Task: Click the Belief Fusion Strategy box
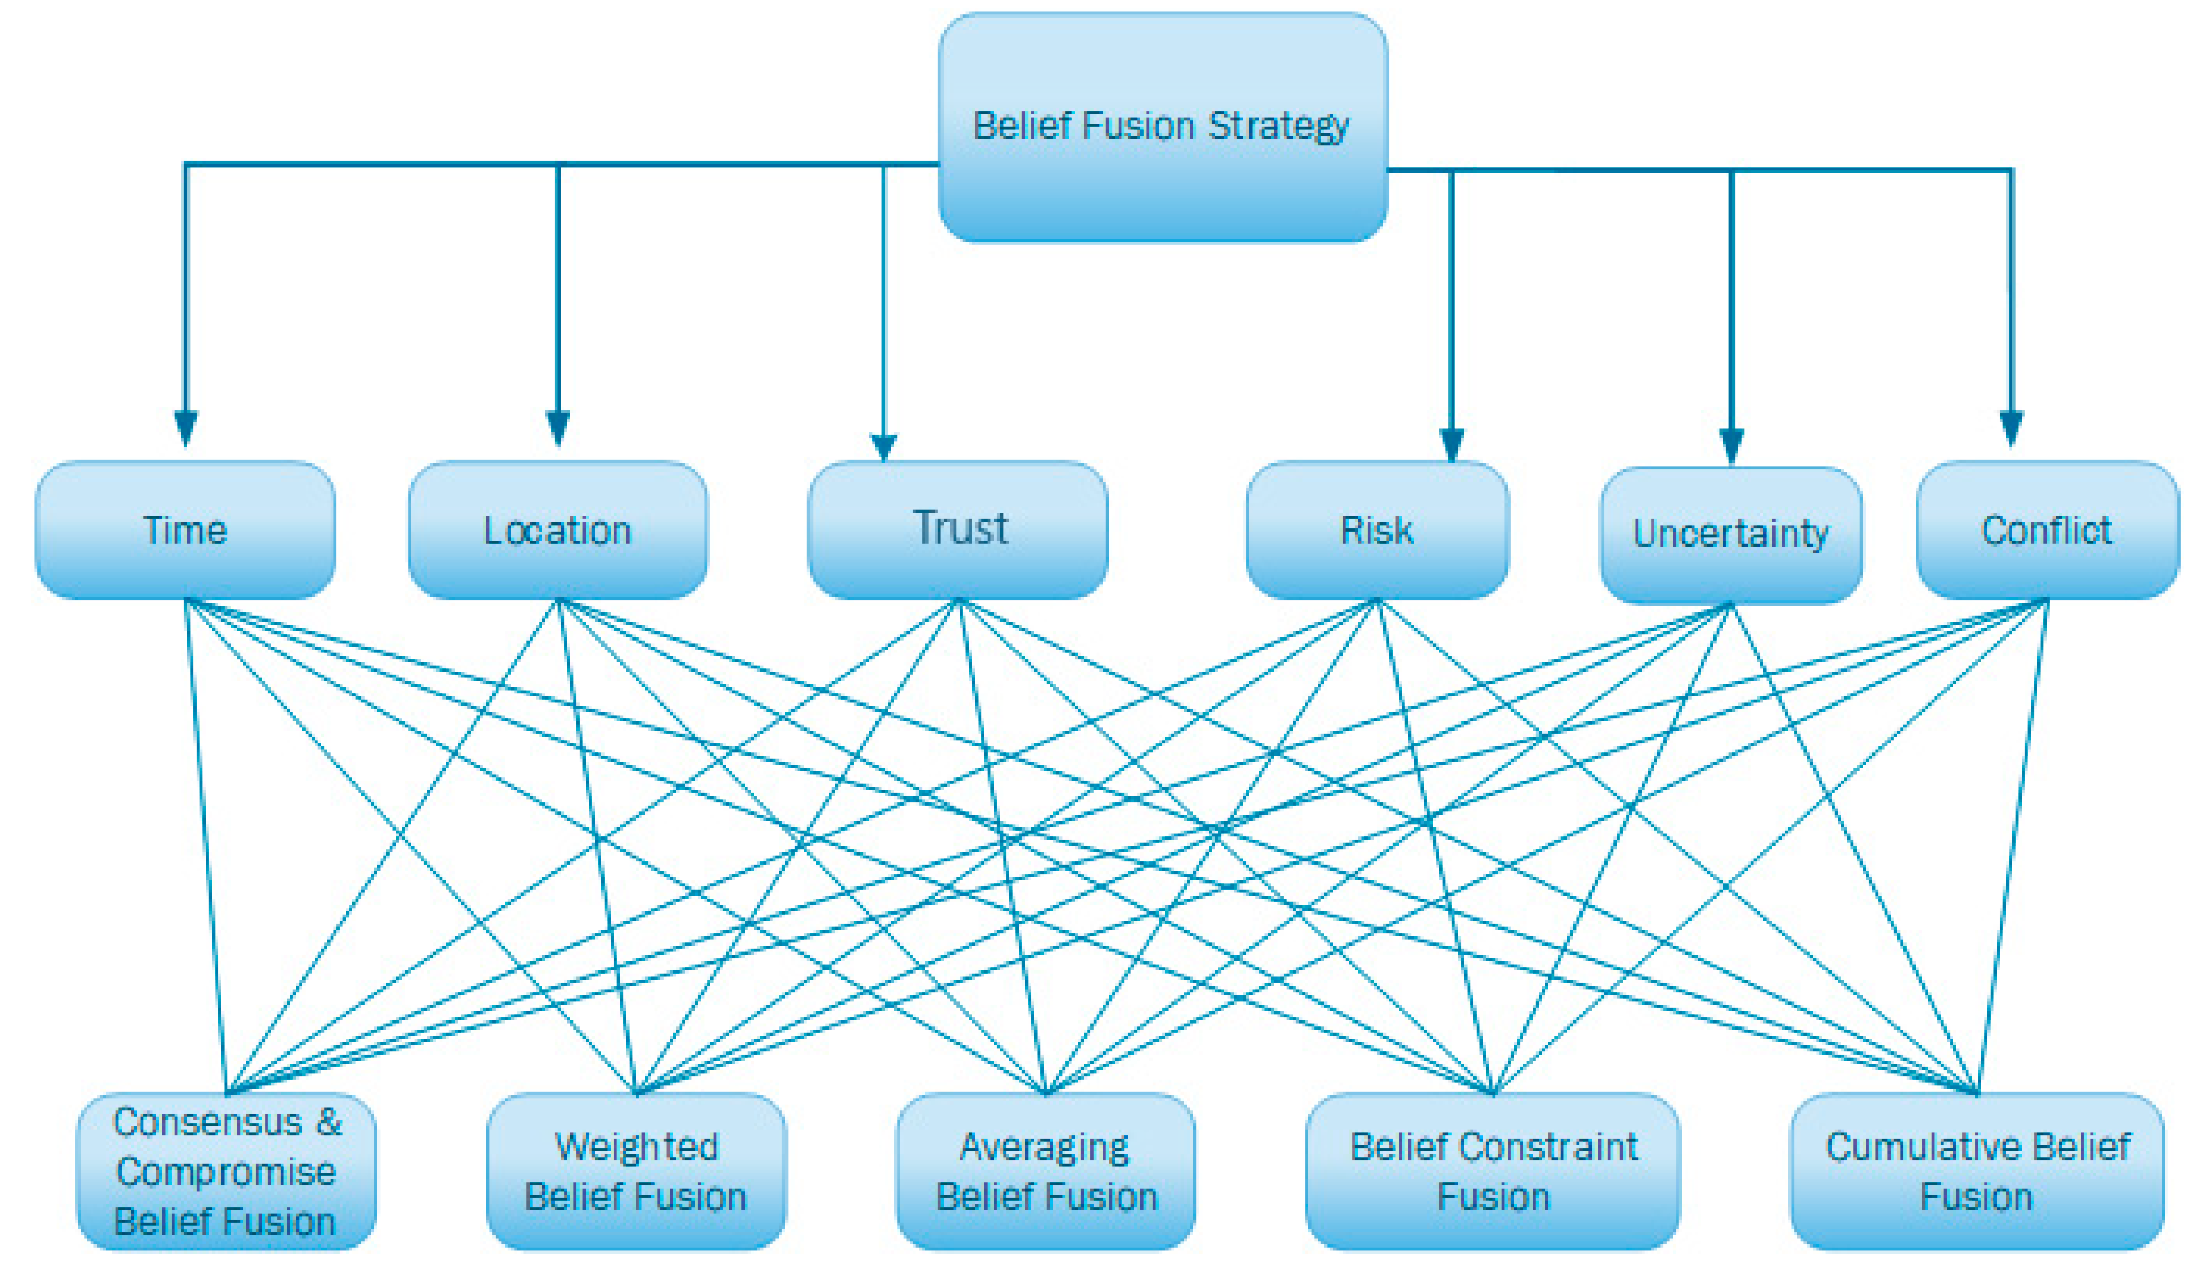tap(1163, 127)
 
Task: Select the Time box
tap(185, 530)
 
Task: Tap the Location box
tap(557, 530)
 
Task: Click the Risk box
tap(1377, 530)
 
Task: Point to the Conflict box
tap(2047, 530)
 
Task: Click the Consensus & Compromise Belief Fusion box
tap(226, 1172)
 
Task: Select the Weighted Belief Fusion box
tap(636, 1172)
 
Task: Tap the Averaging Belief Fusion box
tap(1046, 1172)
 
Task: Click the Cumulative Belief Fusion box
tap(1976, 1172)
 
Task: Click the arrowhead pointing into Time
tap(185, 428)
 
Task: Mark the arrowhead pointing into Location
tap(557, 428)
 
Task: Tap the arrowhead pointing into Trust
tap(884, 447)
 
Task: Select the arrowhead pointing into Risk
tap(1452, 445)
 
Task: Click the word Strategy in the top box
tap(1278, 127)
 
